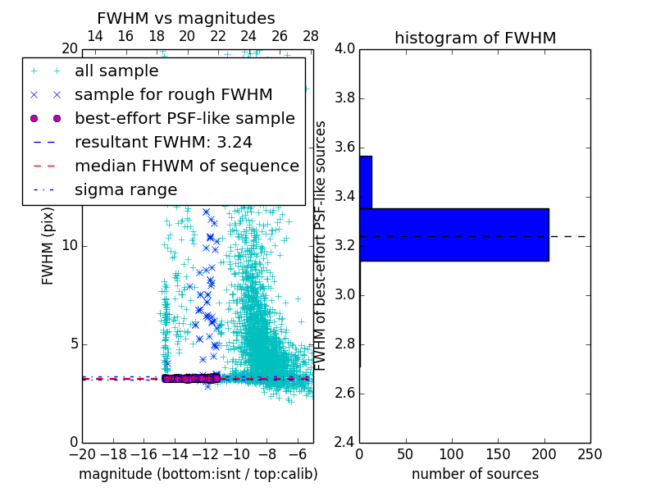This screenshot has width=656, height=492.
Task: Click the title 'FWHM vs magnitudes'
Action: (186, 18)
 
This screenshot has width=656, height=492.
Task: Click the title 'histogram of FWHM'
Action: (475, 38)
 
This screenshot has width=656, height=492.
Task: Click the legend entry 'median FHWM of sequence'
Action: (186, 166)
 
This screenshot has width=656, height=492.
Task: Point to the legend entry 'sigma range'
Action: (125, 189)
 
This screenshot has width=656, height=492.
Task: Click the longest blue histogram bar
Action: (453, 235)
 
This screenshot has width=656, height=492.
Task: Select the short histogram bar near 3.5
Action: (366, 182)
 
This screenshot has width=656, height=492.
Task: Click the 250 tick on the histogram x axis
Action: (590, 453)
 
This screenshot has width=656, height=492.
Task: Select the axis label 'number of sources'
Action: (475, 474)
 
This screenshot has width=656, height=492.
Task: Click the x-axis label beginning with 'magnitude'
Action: (198, 474)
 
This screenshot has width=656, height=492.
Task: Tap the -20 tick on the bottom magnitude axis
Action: (82, 453)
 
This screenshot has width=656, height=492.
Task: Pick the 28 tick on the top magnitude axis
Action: (311, 36)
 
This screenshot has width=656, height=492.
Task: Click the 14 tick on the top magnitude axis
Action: (94, 36)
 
